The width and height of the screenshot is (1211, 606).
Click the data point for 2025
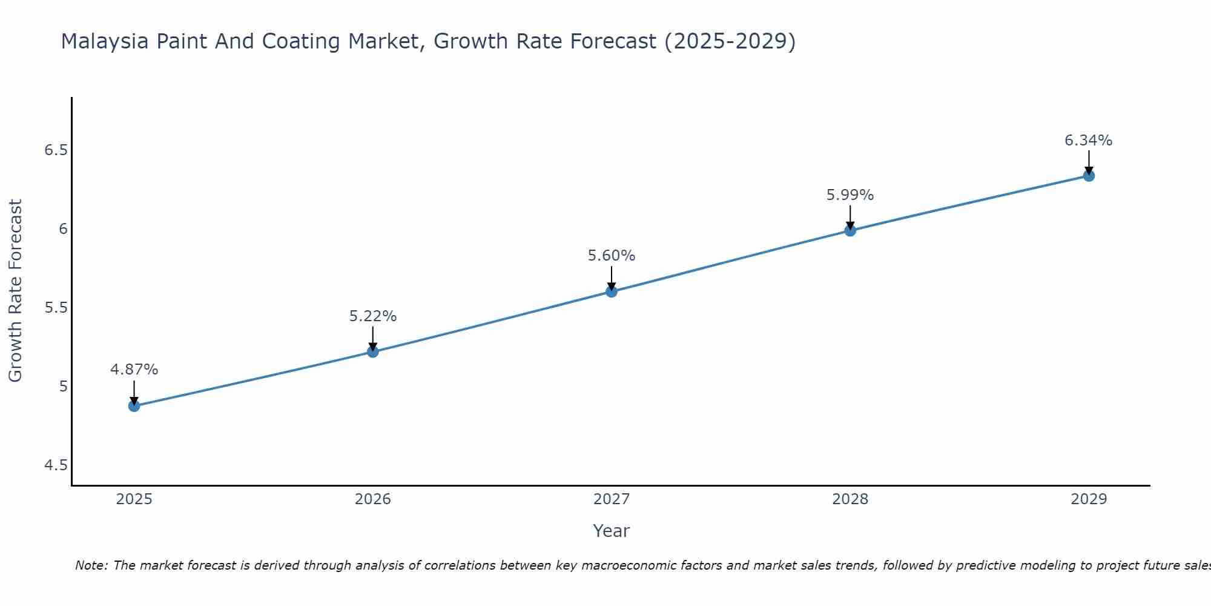(134, 405)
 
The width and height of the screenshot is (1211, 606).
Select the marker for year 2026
(372, 351)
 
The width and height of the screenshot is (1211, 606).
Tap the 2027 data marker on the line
(611, 291)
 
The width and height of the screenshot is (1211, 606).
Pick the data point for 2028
(850, 230)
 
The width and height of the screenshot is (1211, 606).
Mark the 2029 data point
(1088, 176)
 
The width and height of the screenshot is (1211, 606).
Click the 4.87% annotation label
(134, 370)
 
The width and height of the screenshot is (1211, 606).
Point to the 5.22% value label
(372, 316)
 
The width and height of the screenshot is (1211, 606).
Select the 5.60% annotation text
(611, 256)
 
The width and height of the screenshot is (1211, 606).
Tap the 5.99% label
(850, 195)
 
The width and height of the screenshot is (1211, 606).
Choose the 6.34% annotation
(1088, 141)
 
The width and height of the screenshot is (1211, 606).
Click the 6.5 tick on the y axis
(56, 150)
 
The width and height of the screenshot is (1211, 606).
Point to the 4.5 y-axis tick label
(56, 465)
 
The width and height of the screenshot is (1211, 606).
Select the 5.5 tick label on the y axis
(56, 308)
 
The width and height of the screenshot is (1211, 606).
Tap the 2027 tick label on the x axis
(611, 499)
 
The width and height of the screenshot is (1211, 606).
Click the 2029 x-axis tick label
(1088, 499)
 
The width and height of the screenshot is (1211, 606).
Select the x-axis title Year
(611, 531)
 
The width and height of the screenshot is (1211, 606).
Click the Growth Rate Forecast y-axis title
(15, 291)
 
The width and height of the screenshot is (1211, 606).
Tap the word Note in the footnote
(90, 565)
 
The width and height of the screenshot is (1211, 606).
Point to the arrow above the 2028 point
(850, 217)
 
